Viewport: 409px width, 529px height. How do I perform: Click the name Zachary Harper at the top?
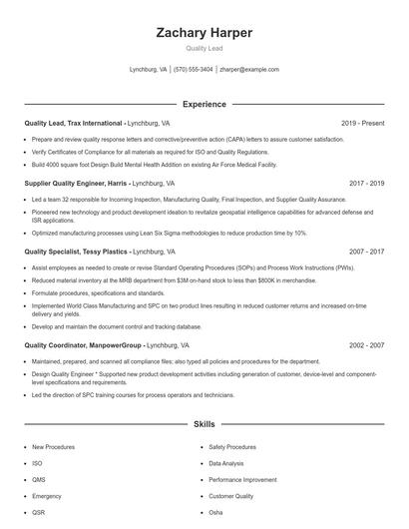[204, 33]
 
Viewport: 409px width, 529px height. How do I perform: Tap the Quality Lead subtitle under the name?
[204, 48]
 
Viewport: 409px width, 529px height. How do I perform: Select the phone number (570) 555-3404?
[193, 70]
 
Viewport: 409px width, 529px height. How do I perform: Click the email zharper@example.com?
[249, 70]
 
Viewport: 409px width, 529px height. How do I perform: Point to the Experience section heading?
[204, 104]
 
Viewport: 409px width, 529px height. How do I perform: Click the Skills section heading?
[204, 424]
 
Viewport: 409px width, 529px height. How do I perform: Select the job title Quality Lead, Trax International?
[74, 123]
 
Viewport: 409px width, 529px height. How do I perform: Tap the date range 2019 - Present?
[362, 123]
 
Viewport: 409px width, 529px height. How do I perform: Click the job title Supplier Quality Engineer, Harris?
[75, 184]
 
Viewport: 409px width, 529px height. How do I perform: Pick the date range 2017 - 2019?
[367, 184]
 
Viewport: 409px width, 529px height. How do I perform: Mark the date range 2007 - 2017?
[367, 253]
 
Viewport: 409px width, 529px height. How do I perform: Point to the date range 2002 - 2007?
[367, 344]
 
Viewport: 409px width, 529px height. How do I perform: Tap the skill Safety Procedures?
[232, 447]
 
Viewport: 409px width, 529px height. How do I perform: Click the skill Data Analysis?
[226, 463]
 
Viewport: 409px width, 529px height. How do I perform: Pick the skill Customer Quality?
[230, 496]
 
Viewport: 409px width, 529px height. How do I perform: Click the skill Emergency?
[47, 496]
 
